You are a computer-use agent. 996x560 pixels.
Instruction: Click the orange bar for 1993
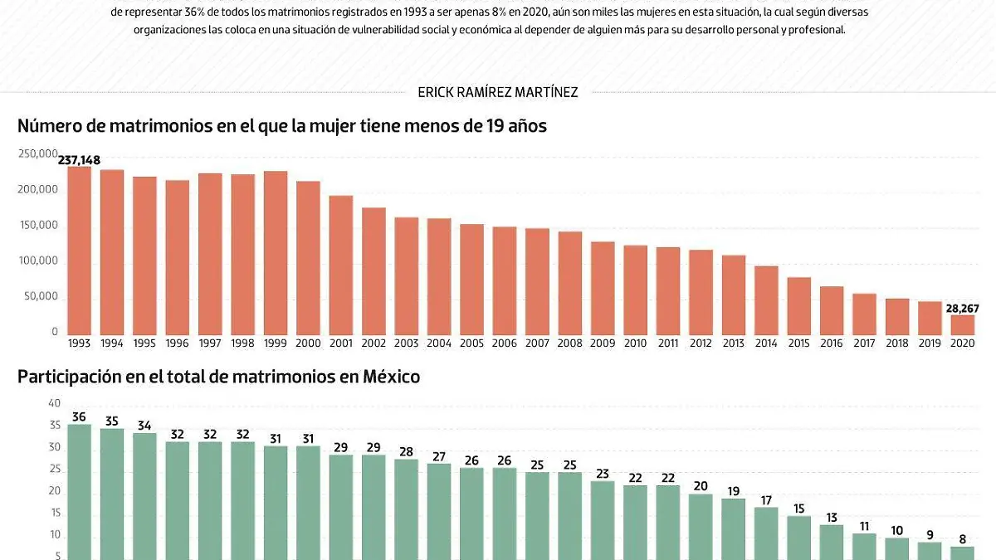coord(79,249)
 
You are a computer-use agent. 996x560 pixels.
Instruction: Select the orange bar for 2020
coord(963,324)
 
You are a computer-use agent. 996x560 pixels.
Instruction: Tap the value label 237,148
coord(79,160)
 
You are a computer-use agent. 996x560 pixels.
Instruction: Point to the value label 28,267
coord(962,309)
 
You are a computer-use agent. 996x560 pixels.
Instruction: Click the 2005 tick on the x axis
coord(472,343)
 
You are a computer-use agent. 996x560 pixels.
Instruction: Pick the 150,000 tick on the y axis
coord(38,226)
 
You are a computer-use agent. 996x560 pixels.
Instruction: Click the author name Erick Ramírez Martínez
coord(498,92)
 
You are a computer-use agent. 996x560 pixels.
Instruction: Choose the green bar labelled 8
coord(963,553)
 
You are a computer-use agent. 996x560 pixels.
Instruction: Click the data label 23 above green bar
coord(603,475)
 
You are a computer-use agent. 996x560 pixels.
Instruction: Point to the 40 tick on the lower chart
coord(55,403)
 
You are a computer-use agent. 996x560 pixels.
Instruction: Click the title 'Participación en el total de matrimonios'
coord(219,377)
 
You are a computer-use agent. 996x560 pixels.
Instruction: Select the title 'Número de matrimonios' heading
coord(282,126)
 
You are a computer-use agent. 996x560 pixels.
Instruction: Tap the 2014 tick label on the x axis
coord(766,343)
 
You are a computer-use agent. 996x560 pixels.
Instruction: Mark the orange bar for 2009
coord(603,287)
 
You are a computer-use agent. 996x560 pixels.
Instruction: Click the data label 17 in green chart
coord(766,500)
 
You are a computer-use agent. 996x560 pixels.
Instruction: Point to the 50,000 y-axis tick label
coord(41,297)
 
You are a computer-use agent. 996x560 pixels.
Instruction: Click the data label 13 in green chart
coord(832,518)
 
